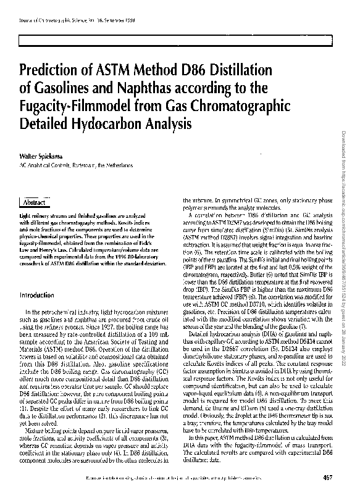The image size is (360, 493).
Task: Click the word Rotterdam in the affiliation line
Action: point(78,166)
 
